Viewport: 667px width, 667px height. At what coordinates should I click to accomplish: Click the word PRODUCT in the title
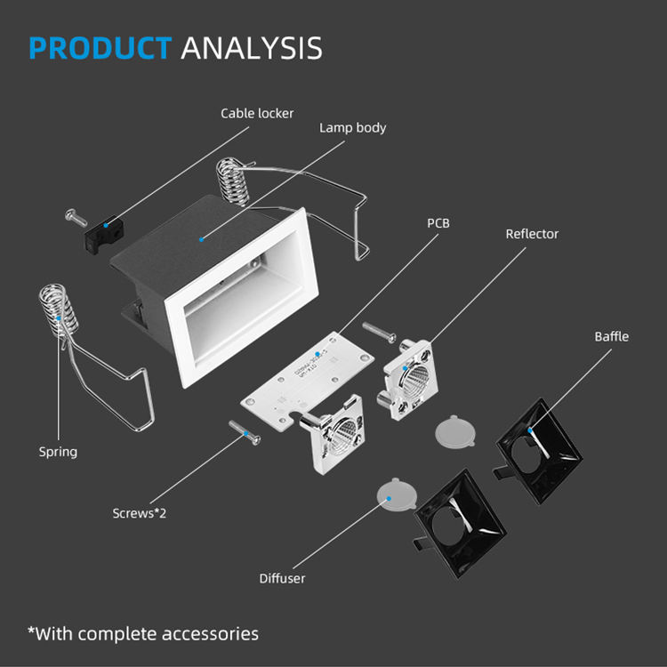100,47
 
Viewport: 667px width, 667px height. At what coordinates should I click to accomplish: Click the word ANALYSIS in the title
252,47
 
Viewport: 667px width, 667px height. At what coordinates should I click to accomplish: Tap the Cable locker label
257,113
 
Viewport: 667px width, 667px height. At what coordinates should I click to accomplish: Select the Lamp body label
353,127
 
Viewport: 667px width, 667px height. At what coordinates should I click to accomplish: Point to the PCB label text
438,222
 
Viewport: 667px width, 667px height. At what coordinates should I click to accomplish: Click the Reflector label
532,234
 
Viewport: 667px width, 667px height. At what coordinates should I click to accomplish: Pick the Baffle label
612,336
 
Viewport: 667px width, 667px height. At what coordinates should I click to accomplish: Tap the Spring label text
58,452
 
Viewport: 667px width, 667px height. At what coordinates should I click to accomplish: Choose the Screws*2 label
140,512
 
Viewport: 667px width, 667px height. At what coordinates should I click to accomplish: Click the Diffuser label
282,578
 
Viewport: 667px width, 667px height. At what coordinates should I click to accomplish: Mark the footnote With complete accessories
143,633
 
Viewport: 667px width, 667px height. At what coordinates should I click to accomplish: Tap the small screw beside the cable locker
72,215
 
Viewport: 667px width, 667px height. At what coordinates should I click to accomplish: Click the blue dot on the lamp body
202,238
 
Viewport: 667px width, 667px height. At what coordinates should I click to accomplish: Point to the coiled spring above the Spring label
53,310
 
